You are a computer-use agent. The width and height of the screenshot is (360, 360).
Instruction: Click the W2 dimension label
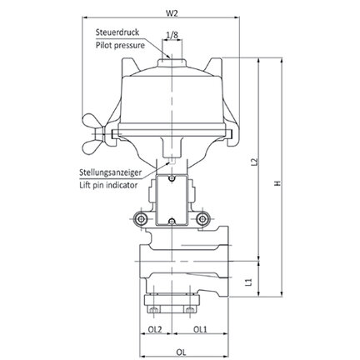click(x=172, y=12)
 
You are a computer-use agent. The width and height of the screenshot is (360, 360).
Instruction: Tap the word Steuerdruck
click(x=117, y=32)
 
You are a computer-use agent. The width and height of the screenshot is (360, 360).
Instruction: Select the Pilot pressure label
click(x=120, y=45)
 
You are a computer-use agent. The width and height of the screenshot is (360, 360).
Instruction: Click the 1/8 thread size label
click(x=172, y=35)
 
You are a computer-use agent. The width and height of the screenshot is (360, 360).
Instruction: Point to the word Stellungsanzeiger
click(x=110, y=172)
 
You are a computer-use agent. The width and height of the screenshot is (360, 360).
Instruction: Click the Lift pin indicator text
click(x=108, y=185)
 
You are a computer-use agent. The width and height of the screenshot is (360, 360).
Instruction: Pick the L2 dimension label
click(x=254, y=162)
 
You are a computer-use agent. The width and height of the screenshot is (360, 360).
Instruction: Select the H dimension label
click(x=277, y=183)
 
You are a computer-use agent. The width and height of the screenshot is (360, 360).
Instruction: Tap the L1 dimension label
click(x=249, y=282)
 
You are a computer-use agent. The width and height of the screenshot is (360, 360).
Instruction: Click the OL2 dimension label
click(x=155, y=329)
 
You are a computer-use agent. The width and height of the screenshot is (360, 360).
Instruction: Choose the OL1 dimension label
click(x=200, y=329)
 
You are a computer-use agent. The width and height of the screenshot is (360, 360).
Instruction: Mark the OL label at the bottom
click(x=181, y=352)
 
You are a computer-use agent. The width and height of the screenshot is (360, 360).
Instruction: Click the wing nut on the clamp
click(x=93, y=135)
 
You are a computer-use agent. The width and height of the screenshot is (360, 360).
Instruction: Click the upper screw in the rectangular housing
click(x=172, y=178)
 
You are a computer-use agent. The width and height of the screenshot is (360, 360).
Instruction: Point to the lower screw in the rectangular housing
click(x=172, y=222)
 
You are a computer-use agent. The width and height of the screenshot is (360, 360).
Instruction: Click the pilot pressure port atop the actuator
click(x=172, y=62)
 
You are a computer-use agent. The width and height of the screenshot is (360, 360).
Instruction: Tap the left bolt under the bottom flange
click(x=153, y=309)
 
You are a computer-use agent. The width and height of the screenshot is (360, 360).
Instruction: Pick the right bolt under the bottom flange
click(x=190, y=309)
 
